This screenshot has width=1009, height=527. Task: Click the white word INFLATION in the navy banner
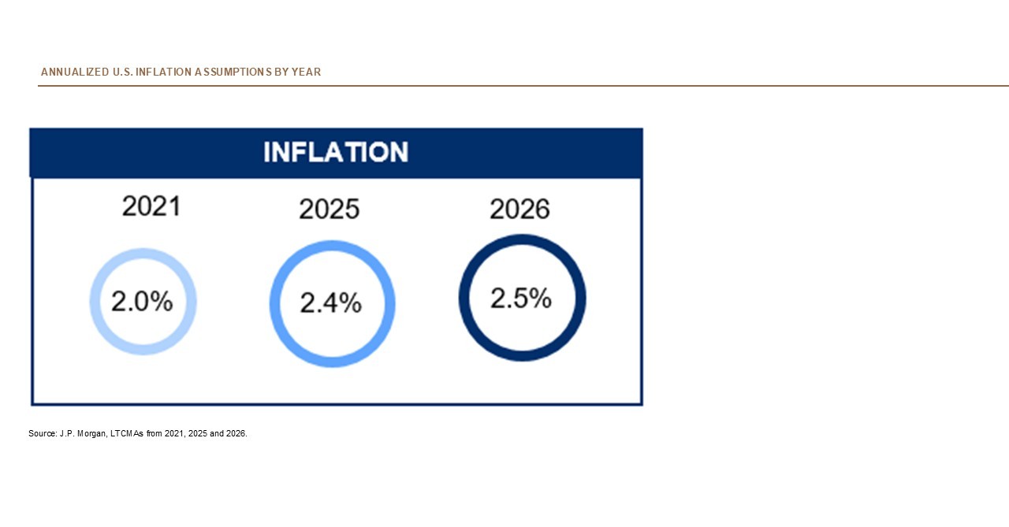click(336, 152)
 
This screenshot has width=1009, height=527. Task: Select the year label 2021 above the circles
click(151, 206)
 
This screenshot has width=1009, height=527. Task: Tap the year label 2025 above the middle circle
click(329, 210)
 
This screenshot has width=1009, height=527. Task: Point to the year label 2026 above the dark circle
click(519, 210)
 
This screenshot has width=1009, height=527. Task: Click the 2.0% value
click(142, 301)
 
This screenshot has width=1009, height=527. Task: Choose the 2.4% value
click(331, 303)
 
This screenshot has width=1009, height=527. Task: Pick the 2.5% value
click(521, 299)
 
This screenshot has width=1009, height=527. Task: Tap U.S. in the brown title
click(121, 72)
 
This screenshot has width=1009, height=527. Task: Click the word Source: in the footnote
click(42, 433)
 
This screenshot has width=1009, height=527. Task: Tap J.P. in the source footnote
click(67, 433)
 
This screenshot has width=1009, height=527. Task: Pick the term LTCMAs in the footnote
click(127, 433)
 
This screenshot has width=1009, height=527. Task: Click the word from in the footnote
click(154, 433)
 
